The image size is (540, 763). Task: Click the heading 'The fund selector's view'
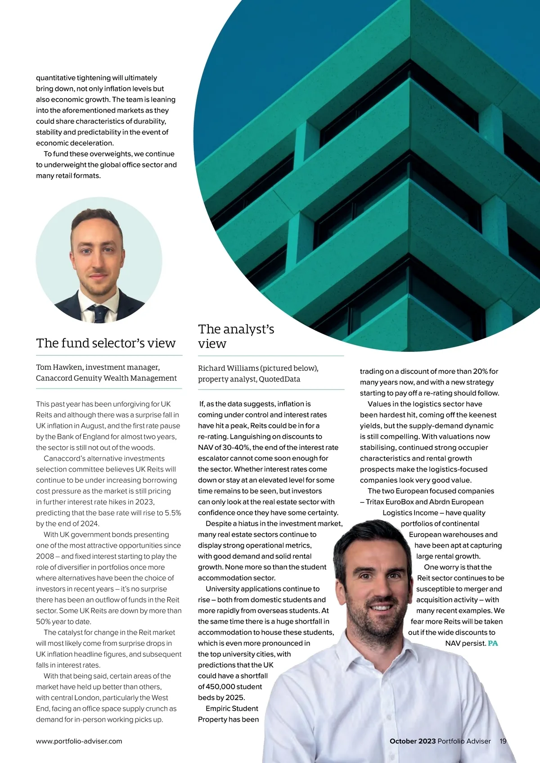[x=106, y=343]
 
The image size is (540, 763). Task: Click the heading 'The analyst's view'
[x=236, y=336]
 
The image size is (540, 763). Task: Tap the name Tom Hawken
[x=58, y=367]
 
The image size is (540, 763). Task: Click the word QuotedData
[x=279, y=379]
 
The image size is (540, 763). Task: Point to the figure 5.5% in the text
[x=172, y=513]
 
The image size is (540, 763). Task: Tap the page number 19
[x=503, y=741]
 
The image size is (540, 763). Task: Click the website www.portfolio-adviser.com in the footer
[x=79, y=741]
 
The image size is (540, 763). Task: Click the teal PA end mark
[x=493, y=643]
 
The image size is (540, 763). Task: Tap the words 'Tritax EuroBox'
[x=390, y=502]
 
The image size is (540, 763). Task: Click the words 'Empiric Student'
[x=232, y=709]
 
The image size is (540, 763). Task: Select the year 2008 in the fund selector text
[x=45, y=557]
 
